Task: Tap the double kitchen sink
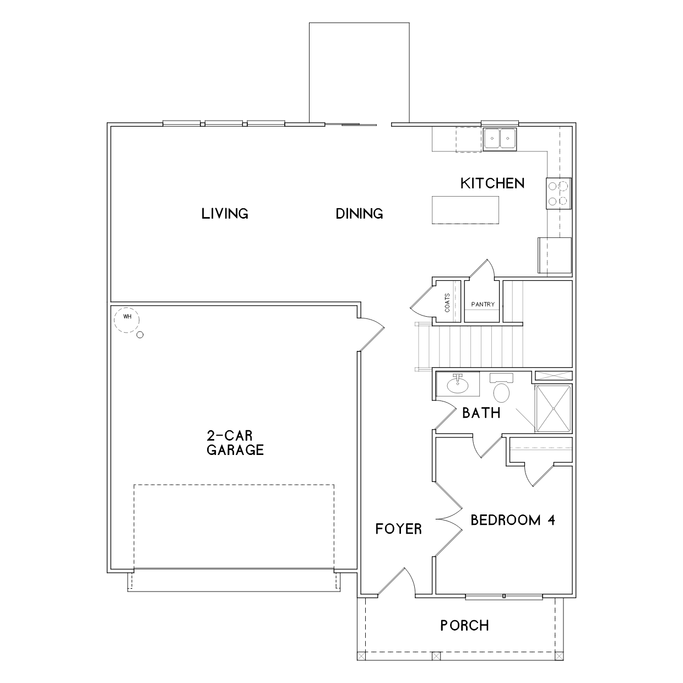pos(500,139)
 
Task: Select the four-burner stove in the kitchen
pos(559,193)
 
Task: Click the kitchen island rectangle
pos(465,210)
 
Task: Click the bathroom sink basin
pos(458,386)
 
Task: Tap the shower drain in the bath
pos(553,409)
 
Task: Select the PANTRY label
pos(483,304)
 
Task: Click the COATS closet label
pos(447,303)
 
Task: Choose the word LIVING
pos(225,214)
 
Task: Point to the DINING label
pos(359,214)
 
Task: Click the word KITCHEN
pos(492,183)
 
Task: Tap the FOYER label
pos(399,529)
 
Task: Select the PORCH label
pos(465,626)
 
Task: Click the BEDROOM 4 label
pos(513,520)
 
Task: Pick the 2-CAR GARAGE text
pos(235,442)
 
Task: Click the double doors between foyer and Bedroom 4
pos(449,519)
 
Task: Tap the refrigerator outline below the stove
pos(554,255)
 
